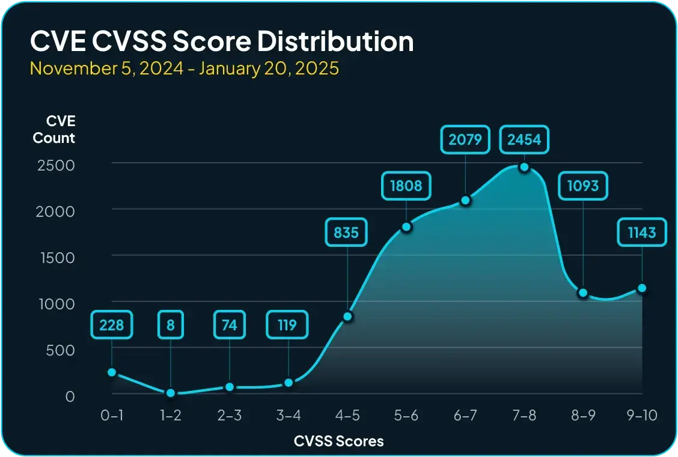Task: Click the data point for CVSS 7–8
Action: pyautogui.click(x=524, y=167)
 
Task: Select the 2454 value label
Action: pyautogui.click(x=524, y=140)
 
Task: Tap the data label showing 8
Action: pyautogui.click(x=171, y=325)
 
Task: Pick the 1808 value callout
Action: pyautogui.click(x=406, y=186)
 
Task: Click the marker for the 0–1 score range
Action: pyautogui.click(x=112, y=372)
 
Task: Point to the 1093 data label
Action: pyautogui.click(x=582, y=186)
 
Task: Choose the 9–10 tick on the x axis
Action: pyautogui.click(x=641, y=416)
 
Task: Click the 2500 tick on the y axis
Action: pyautogui.click(x=56, y=165)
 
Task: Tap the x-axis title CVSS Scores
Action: pyautogui.click(x=339, y=441)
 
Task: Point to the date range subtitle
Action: pyautogui.click(x=185, y=68)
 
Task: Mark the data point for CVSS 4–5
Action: pyautogui.click(x=347, y=316)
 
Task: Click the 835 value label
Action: pyautogui.click(x=347, y=232)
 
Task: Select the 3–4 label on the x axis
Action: pyautogui.click(x=288, y=416)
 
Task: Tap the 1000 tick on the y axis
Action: pyautogui.click(x=56, y=303)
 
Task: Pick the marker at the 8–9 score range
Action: pyautogui.click(x=582, y=293)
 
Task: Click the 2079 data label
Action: pyautogui.click(x=465, y=140)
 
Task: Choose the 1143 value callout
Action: pyautogui.click(x=642, y=232)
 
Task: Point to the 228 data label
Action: pyautogui.click(x=112, y=325)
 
